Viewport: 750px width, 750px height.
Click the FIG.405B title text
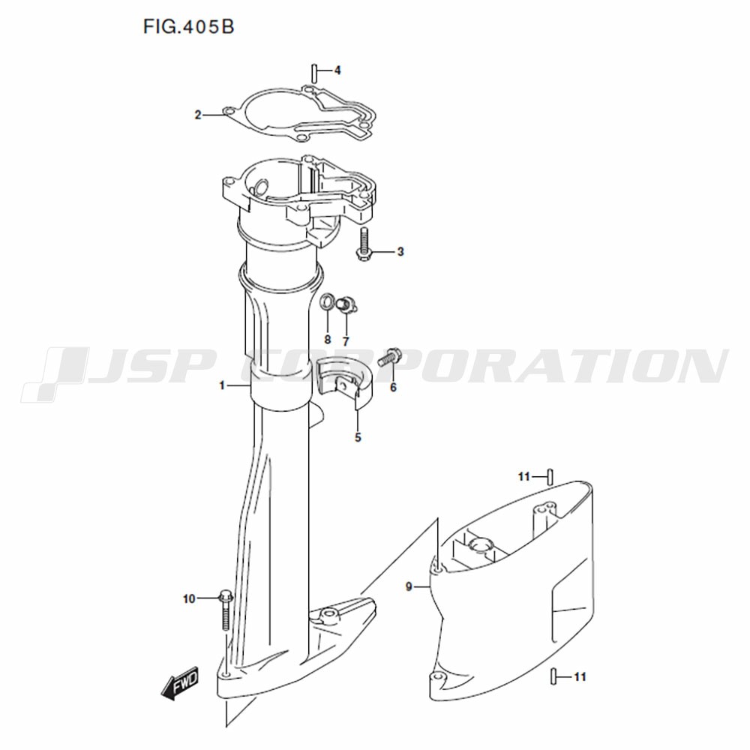[188, 27]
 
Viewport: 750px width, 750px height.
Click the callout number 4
[337, 70]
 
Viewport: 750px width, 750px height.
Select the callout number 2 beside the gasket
[197, 115]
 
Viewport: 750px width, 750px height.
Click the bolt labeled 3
[364, 244]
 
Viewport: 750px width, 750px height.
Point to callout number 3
[400, 251]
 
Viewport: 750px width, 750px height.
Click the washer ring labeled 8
[328, 301]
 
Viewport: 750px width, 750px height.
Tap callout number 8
[328, 340]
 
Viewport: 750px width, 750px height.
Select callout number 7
[346, 341]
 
